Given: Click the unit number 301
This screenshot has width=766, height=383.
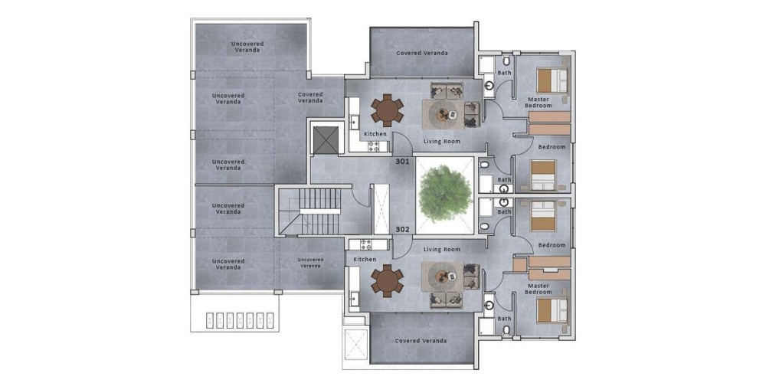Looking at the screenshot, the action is coord(402,161).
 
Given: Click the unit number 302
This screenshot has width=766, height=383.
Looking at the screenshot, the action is coord(402,229).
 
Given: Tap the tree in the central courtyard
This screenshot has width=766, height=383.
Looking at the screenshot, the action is coord(445,193).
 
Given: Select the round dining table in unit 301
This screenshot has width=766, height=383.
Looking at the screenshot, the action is coord(388,110).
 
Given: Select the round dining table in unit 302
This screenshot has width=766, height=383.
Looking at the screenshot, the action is coord(388,280).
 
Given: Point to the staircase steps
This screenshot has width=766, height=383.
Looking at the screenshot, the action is coord(320,211).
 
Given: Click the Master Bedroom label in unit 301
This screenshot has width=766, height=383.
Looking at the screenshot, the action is coord(538,102).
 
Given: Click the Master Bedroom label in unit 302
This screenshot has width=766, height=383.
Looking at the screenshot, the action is coord(538,289).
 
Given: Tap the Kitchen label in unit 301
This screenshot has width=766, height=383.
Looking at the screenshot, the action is coord(375,134).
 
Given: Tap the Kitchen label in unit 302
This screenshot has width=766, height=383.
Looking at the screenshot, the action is coord(365,260).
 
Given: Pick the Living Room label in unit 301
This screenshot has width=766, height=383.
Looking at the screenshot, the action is coord(442,142).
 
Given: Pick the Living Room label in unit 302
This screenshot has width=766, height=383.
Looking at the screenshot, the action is coord(442,250).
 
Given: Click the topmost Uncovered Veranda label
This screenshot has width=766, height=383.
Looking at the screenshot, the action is coord(247,47).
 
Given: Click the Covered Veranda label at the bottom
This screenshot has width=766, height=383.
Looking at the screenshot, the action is coord(421,341).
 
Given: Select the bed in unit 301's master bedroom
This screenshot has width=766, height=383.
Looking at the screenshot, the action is coord(552,80).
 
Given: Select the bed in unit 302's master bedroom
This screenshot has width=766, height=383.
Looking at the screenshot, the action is coord(552,311).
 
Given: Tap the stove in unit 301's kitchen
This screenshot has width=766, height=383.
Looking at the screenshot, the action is coord(374,146).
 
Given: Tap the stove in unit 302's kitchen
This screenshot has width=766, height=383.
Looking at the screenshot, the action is coord(367,245).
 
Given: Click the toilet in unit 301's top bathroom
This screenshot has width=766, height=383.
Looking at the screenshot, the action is coord(506,61).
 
